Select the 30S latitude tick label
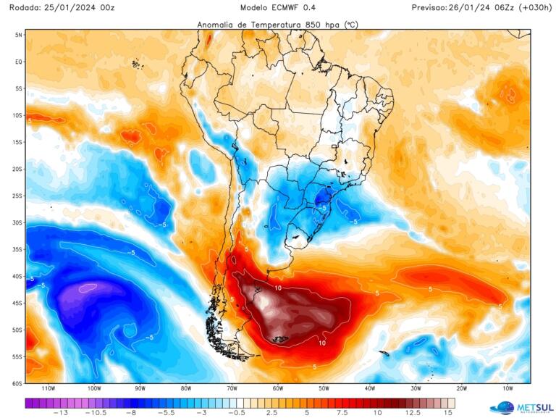(x=18, y=222)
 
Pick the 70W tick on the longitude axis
(x=232, y=389)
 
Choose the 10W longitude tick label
(x=507, y=389)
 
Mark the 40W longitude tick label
(x=370, y=389)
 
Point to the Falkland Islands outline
(x=277, y=339)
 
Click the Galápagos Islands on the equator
(x=135, y=64)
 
